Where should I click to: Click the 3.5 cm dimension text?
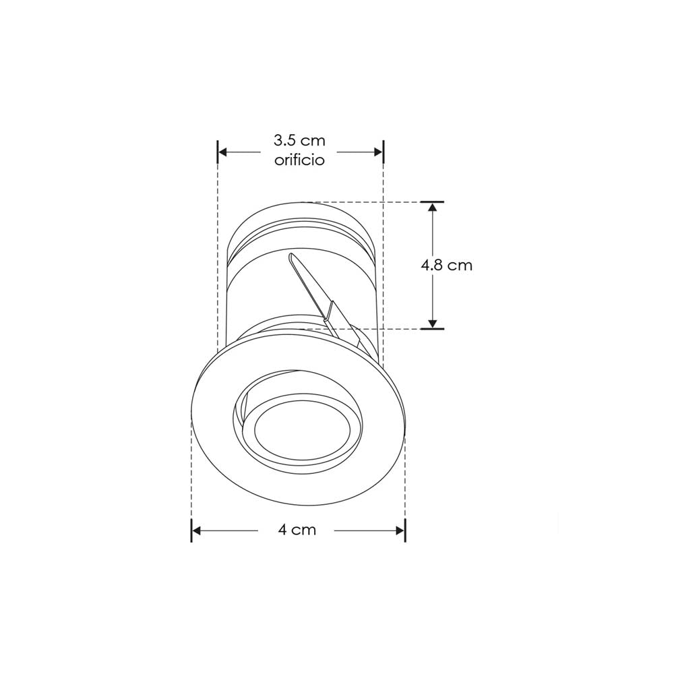[299, 141]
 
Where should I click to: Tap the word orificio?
[299, 160]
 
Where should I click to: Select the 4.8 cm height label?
[447, 265]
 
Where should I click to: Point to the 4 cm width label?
[297, 529]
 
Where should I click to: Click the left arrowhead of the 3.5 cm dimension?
[223, 152]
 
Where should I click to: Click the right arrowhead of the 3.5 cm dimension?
[378, 152]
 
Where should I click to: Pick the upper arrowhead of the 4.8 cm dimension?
[433, 207]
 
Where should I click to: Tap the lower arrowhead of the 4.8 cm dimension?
[433, 324]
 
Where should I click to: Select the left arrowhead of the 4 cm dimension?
[196, 531]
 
